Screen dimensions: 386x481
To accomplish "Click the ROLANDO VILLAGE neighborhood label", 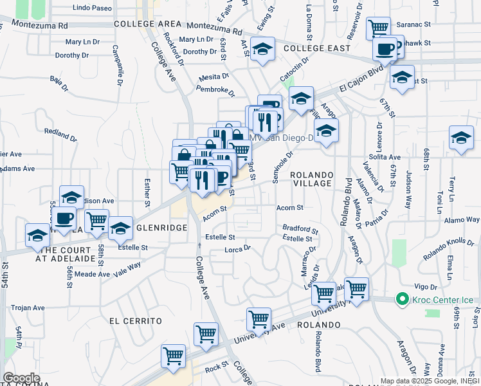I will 311,179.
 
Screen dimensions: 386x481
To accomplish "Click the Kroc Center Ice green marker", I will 403,299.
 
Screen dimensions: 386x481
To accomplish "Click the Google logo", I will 21,378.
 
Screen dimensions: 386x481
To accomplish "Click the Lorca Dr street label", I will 237,248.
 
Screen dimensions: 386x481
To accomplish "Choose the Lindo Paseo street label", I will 93,8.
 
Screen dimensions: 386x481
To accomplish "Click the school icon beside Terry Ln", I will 461,137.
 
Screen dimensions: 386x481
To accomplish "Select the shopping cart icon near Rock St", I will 174,356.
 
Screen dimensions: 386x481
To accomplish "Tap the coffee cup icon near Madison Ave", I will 64,218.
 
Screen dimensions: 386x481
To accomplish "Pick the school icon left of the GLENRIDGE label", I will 120,228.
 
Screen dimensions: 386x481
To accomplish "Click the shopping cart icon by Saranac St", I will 379,28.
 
